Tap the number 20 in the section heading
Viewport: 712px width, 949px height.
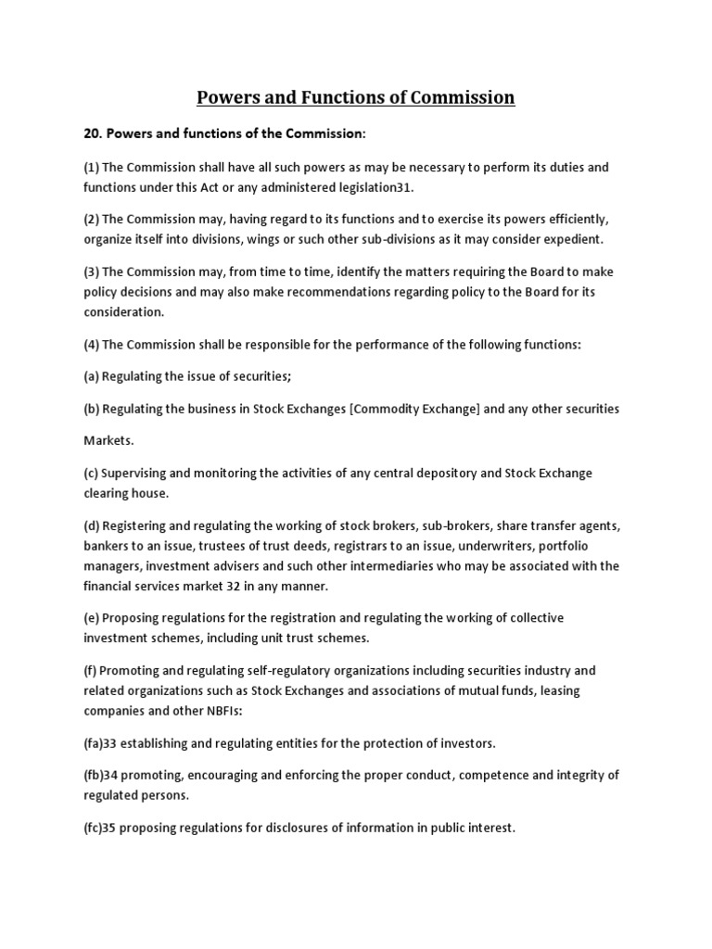tap(92, 134)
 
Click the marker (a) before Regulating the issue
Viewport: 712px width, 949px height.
tap(91, 376)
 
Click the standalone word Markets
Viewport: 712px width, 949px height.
tap(109, 441)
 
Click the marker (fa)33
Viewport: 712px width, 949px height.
tap(104, 743)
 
